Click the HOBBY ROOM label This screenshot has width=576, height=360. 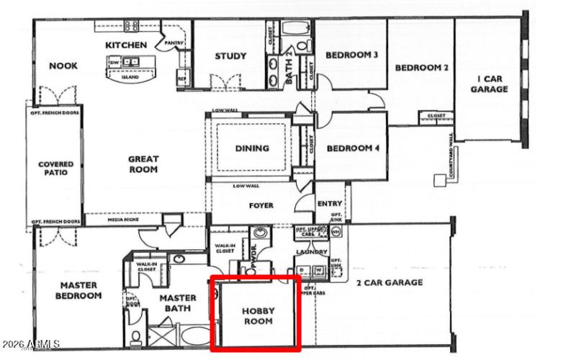257,316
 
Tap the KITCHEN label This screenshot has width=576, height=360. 127,45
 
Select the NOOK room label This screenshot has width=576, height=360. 63,66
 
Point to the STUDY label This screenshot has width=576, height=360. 230,56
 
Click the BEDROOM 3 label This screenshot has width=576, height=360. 352,55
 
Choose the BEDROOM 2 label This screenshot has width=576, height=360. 421,68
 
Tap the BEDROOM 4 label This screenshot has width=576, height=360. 352,149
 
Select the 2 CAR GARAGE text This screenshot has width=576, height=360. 390,283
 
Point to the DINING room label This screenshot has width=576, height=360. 252,148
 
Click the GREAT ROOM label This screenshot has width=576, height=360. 143,164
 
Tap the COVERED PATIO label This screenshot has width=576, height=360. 55,168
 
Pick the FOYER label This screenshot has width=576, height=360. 261,205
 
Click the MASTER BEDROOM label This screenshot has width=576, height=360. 78,290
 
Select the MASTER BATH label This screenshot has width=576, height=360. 178,303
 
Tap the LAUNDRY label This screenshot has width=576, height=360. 311,252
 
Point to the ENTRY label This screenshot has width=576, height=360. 330,204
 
